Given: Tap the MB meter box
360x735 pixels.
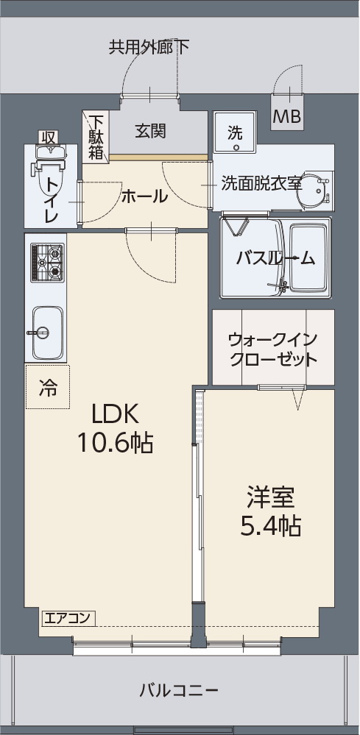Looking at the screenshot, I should pos(286,116).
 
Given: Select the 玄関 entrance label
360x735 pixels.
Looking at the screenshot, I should pos(150,131).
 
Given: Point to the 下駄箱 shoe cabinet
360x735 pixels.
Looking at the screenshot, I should pos(96,136).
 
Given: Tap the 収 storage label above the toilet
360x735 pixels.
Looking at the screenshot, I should pos(49,137).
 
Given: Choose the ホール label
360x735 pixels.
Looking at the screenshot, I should pos(144,196).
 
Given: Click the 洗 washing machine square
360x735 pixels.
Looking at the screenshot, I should pos(235,133).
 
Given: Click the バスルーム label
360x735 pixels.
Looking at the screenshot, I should pos(275,258).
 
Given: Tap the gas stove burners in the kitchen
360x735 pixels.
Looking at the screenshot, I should pos(46,263).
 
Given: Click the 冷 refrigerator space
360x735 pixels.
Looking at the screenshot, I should pos(46,386).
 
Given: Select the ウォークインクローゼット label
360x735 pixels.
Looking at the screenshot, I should pos(272,349).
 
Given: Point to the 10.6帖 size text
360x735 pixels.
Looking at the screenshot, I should pos(115,442).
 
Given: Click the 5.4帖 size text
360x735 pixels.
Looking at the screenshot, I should pos(270,525).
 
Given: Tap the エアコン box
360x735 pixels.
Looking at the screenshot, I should pos(67,618).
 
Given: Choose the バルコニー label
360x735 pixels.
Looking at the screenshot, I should pos(179,691).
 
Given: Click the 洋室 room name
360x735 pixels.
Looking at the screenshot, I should pos(270,497).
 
